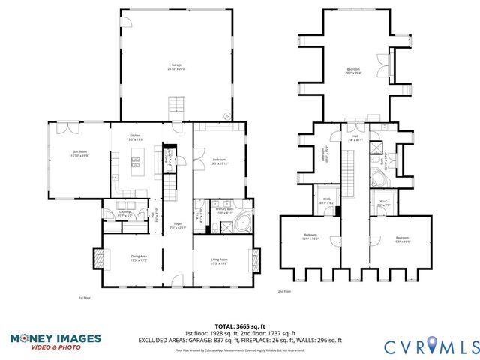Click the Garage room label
coord(176,67)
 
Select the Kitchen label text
coord(135,137)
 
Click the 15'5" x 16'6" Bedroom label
coord(310,237)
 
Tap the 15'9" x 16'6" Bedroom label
coord(403,239)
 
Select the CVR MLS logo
coord(430,346)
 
